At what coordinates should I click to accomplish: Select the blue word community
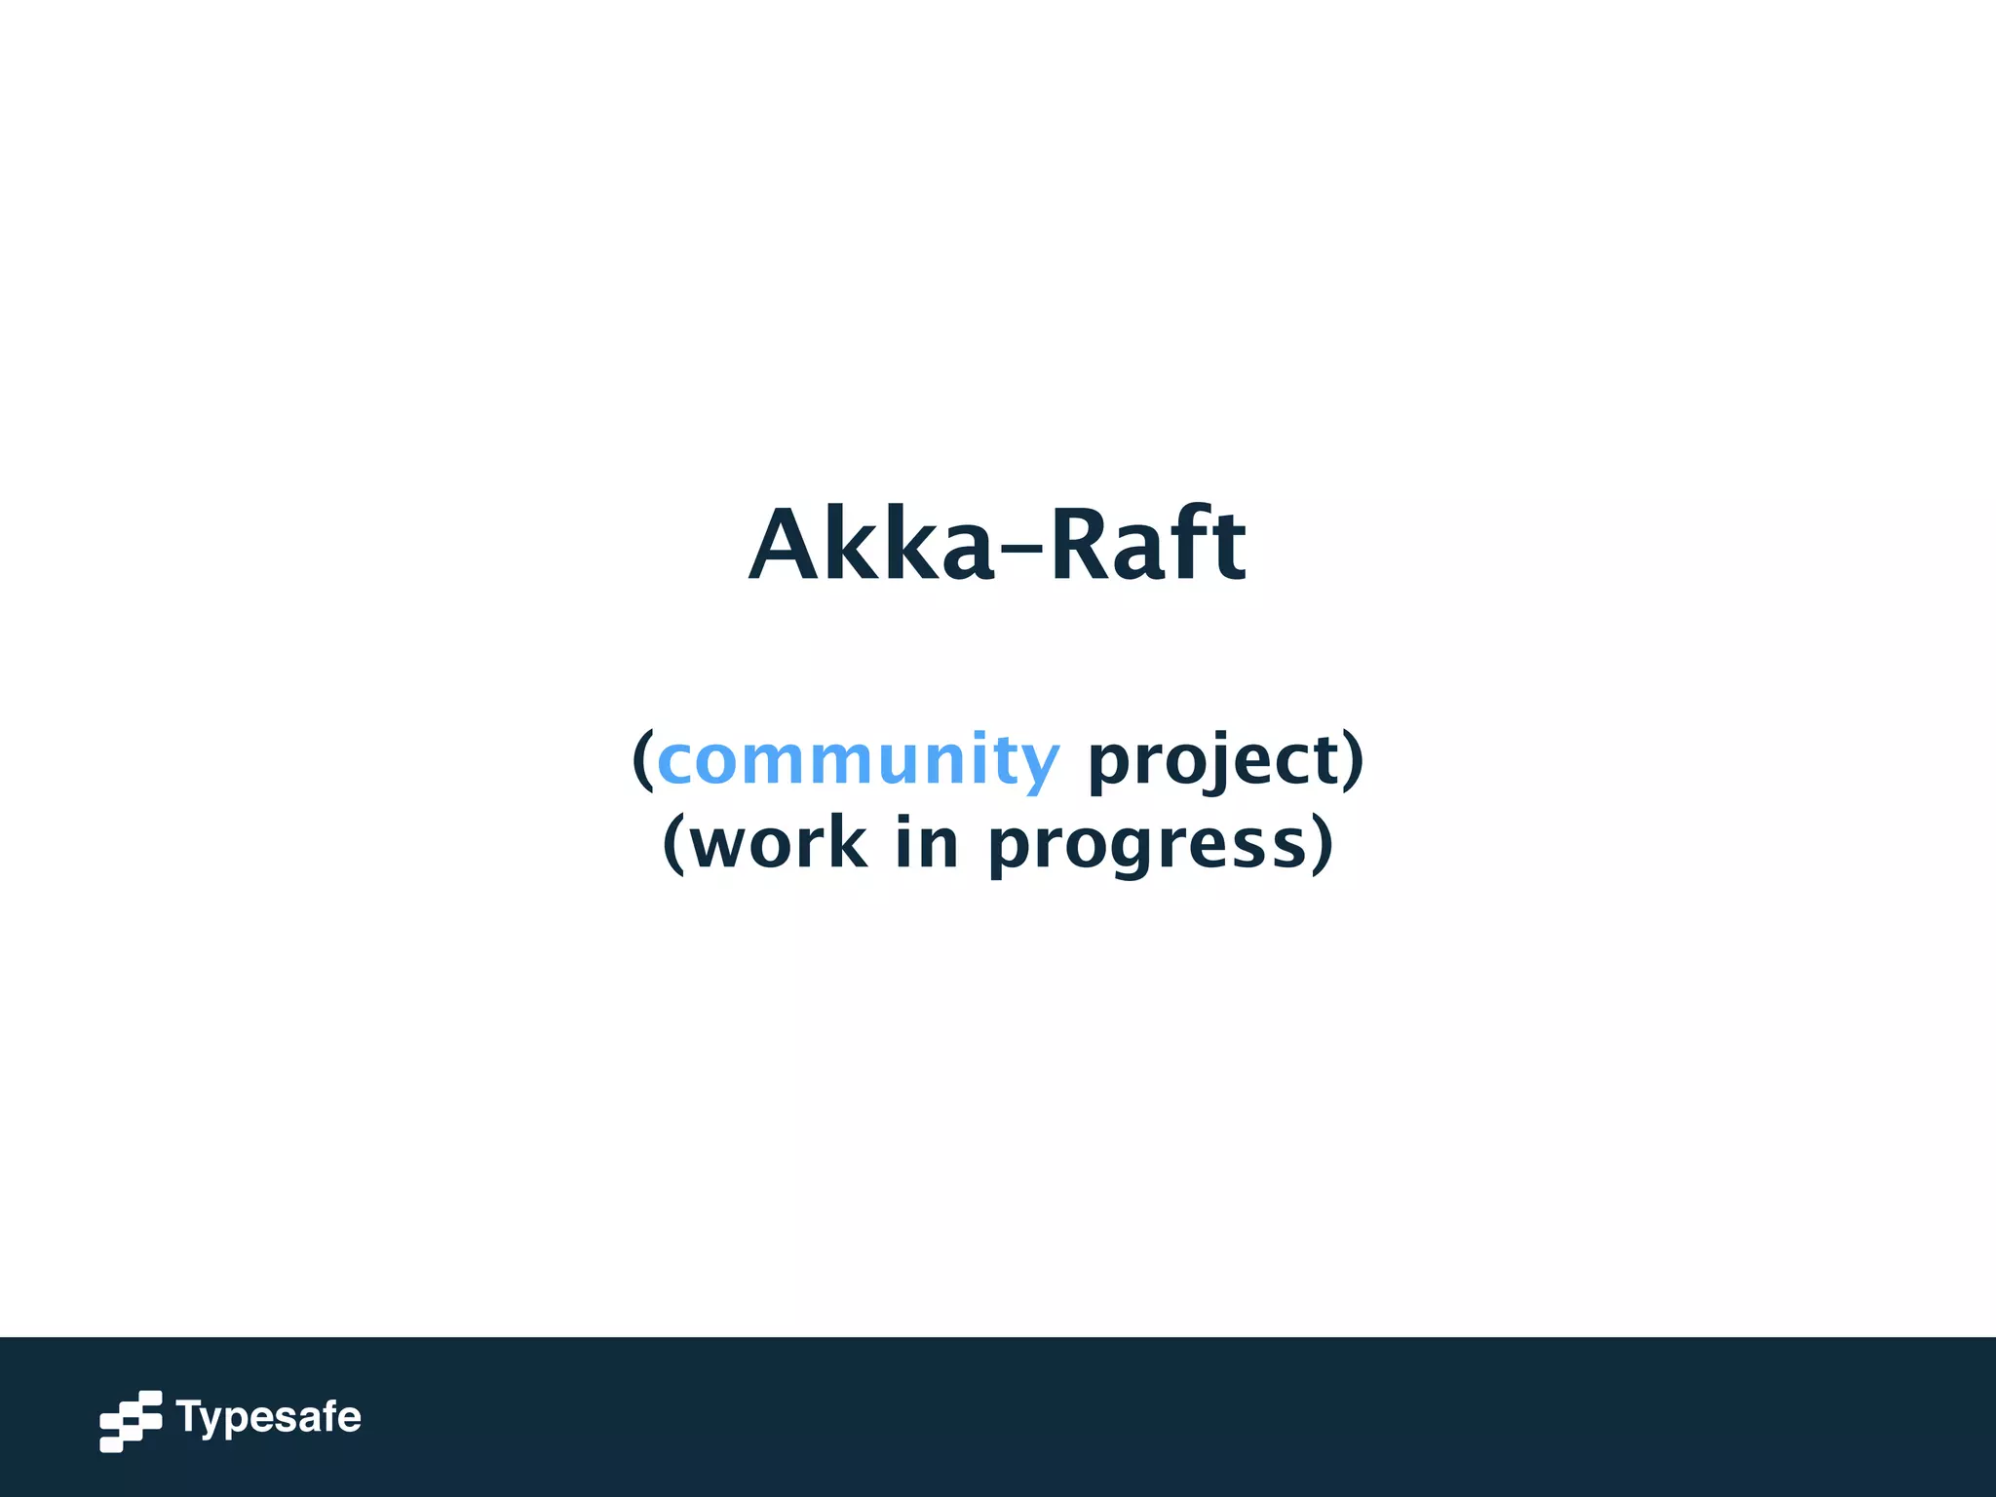coord(858,760)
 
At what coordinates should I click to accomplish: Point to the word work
coord(779,844)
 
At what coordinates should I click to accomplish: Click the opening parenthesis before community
coord(642,760)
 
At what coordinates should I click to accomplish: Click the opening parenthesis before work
coord(673,844)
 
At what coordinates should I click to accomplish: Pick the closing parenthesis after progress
coord(1322,844)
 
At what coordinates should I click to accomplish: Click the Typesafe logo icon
coord(131,1421)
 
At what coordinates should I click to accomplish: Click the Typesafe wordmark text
coord(269,1418)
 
